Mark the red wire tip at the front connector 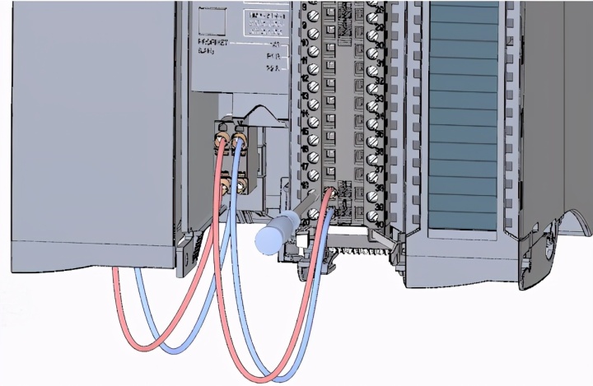click(x=329, y=193)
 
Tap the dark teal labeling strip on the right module click(x=465, y=115)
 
